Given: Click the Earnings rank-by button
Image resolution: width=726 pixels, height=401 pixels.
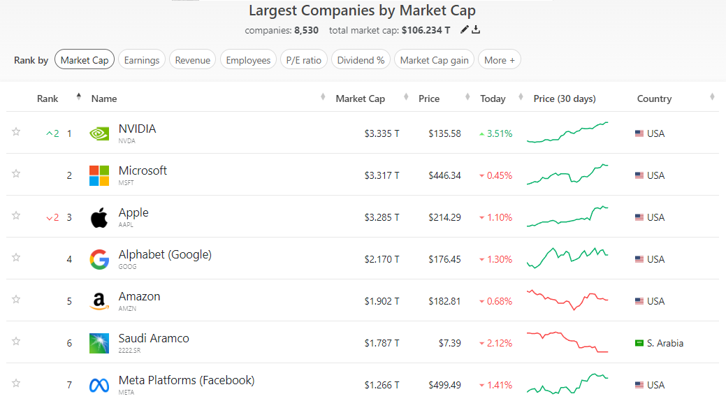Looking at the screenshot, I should [x=142, y=60].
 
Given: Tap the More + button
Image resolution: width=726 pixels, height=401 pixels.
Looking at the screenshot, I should [x=500, y=60].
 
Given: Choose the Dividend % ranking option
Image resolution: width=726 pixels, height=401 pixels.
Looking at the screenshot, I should [x=361, y=60].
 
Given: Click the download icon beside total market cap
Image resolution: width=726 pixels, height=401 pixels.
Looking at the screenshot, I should [x=477, y=30].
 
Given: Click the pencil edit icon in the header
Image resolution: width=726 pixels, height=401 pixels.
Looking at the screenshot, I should [x=465, y=30].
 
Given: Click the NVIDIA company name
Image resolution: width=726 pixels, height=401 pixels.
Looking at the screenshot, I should [x=138, y=129].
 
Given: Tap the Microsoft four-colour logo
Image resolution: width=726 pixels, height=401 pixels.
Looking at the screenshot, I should [x=99, y=175].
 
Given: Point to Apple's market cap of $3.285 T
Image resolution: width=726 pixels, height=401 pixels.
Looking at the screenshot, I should [x=382, y=217].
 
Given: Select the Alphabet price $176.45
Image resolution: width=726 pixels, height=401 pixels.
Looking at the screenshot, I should [x=444, y=259].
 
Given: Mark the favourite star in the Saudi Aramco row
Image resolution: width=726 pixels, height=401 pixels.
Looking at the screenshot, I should [x=16, y=341].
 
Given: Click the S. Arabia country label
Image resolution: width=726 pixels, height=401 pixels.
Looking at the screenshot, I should [x=665, y=343].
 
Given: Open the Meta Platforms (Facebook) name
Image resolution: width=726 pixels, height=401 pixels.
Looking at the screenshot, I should [x=187, y=381].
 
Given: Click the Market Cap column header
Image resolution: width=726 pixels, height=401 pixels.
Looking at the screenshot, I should [x=360, y=99].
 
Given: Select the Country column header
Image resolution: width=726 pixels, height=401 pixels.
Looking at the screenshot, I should [x=654, y=99].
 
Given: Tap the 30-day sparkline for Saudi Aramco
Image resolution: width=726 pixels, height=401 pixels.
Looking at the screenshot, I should [x=567, y=342].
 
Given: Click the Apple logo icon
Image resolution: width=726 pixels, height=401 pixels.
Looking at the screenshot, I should [x=99, y=217].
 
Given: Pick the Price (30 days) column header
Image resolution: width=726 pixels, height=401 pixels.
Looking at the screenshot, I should [x=565, y=99].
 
